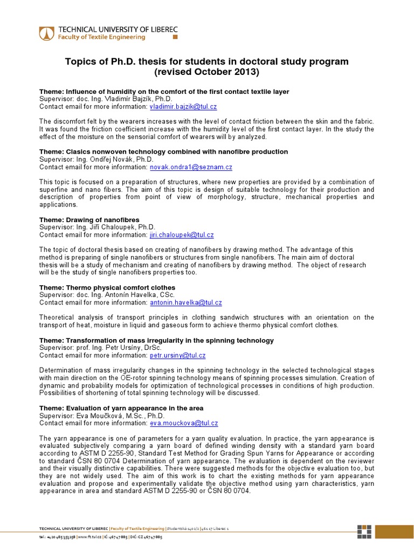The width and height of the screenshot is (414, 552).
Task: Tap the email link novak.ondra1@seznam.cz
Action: pyautogui.click(x=191, y=167)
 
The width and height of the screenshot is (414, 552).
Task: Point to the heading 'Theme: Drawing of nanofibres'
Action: pyautogui.click(x=89, y=220)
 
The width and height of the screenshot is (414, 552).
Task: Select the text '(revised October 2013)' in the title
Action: pyautogui.click(x=206, y=72)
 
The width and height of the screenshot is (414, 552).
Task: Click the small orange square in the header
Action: pyautogui.click(x=174, y=38)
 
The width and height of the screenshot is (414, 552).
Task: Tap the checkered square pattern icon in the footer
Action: pyautogui.click(x=364, y=531)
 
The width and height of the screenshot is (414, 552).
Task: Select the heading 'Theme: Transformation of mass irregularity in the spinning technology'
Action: pyautogui.click(x=156, y=341)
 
